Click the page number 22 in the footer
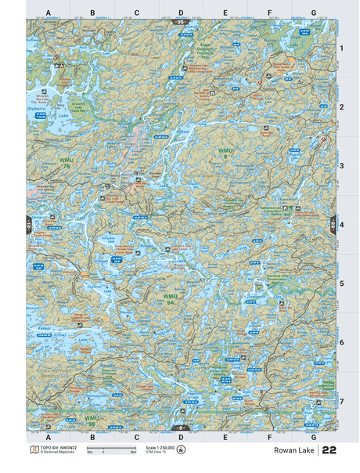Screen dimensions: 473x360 [329, 451]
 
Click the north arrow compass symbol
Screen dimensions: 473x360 [182, 450]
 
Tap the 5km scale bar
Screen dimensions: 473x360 [111, 450]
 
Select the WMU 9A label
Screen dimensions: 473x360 [171, 299]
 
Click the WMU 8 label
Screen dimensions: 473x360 [225, 153]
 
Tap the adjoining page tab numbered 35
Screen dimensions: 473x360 [181, 22]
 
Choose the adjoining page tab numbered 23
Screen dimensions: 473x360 [333, 224]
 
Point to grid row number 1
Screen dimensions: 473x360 [341, 49]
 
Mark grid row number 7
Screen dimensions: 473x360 [341, 401]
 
